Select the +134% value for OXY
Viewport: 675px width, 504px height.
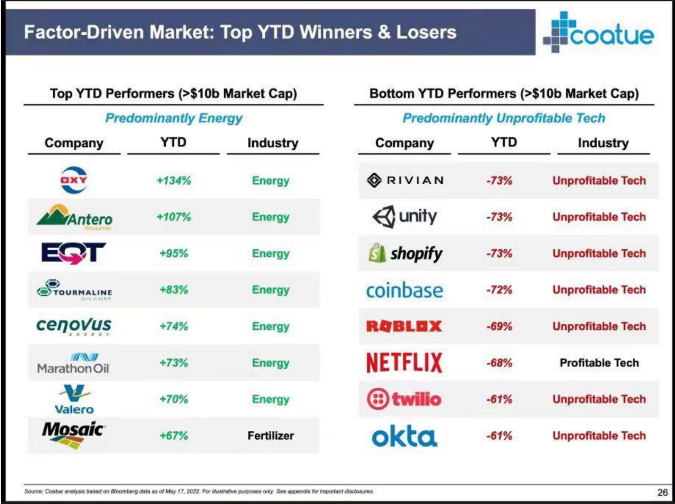174,180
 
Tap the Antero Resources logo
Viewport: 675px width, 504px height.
75,217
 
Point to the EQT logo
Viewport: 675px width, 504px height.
74,253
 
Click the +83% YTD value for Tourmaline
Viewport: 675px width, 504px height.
174,290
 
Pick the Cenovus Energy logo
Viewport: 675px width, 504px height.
74,325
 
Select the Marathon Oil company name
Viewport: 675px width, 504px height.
73,368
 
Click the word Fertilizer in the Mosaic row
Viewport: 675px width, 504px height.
270,436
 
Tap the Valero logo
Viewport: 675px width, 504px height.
74,399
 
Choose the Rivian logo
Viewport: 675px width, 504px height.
405,180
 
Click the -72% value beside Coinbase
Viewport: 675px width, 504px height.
499,290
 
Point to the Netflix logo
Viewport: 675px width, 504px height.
404,362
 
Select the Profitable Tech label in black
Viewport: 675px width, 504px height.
599,363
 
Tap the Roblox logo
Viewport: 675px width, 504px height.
404,326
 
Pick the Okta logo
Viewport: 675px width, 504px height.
404,436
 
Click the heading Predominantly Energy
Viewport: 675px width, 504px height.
174,118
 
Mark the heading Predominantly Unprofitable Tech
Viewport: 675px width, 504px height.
504,118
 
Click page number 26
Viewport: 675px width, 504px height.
662,492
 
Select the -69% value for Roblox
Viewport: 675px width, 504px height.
499,326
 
